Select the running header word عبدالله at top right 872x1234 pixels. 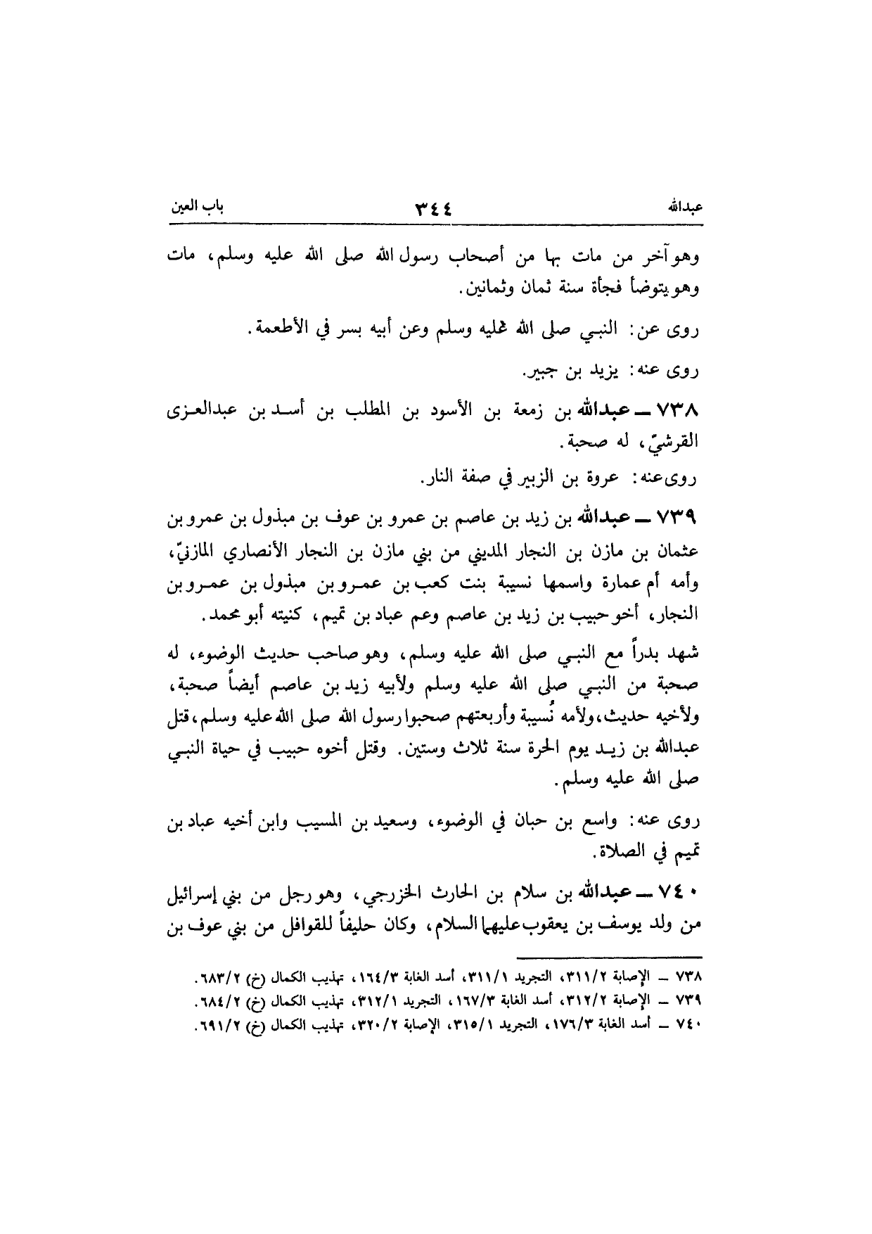coord(685,209)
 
